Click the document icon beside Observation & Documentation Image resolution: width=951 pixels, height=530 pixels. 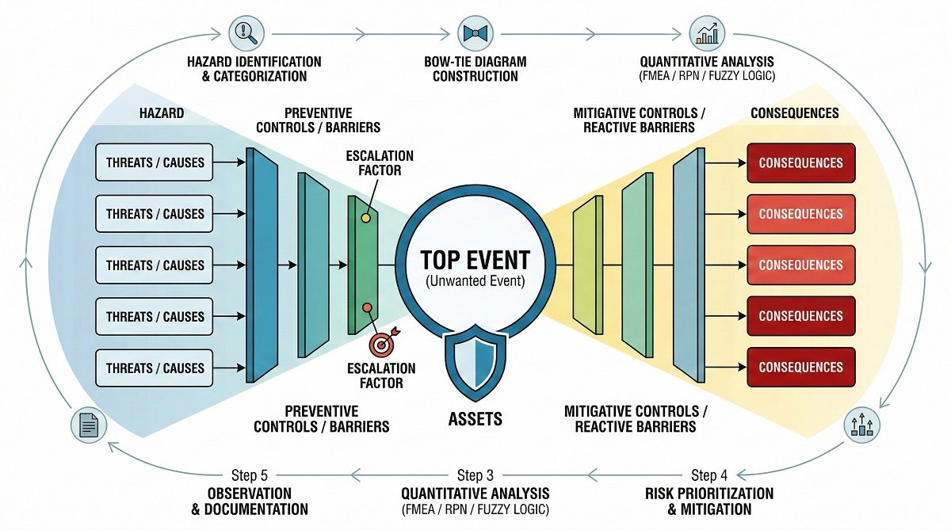coord(88,426)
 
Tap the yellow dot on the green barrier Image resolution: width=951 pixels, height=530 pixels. coord(365,218)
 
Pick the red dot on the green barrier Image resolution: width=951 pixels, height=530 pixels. coord(366,307)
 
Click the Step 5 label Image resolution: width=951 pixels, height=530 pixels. coord(249,475)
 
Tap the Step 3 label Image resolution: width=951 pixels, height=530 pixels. coord(475,475)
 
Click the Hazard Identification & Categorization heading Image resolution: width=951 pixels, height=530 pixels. coord(254,69)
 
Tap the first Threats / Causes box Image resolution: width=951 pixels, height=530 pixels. coord(155,162)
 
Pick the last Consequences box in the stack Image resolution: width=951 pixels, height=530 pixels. coord(800,368)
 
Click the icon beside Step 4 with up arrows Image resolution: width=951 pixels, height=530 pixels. coord(861,426)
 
